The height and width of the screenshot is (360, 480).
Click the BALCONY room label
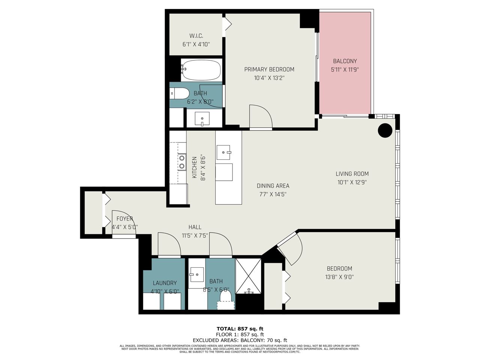click(x=345, y=61)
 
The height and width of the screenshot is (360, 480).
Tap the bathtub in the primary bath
click(x=201, y=70)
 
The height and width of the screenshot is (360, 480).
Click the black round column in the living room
click(x=385, y=130)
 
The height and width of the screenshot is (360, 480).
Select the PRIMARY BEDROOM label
click(x=269, y=69)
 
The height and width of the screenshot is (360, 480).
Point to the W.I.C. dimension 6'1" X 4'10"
click(x=196, y=44)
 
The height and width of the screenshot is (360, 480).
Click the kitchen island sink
click(x=223, y=152)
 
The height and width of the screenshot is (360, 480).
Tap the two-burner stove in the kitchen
click(x=182, y=162)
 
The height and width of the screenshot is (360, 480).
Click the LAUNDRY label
click(x=165, y=283)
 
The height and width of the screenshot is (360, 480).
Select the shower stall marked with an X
click(x=248, y=276)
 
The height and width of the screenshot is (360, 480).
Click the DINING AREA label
click(x=273, y=186)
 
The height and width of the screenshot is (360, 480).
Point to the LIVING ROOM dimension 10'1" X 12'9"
click(x=352, y=182)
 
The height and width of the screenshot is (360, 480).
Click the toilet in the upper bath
click(x=180, y=93)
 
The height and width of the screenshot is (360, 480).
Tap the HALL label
click(x=195, y=227)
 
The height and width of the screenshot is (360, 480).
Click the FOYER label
click(x=124, y=219)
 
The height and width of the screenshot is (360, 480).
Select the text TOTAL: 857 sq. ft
click(x=240, y=329)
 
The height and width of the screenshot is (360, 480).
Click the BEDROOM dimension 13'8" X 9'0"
click(x=339, y=277)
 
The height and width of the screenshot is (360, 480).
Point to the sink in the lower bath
click(x=197, y=274)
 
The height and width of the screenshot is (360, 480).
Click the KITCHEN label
click(x=194, y=167)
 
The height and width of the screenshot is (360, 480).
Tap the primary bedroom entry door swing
click(x=261, y=117)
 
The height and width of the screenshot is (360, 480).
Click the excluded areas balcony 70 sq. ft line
click(x=240, y=340)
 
